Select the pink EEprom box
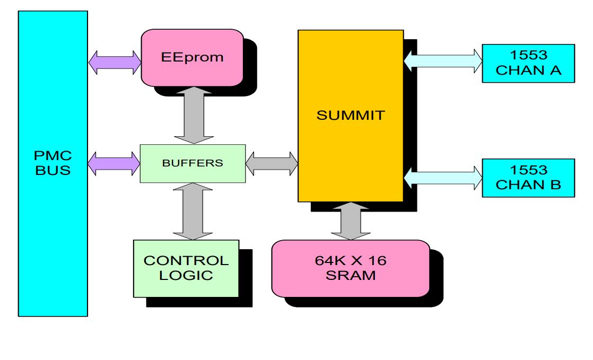coord(192,57)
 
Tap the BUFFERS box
coord(193,163)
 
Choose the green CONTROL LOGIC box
coord(186,268)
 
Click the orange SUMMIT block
coord(350,116)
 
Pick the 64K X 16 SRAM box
coord(350,268)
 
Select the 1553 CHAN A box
coord(528,63)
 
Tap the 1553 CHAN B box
coord(528,178)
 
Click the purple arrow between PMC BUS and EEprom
coord(115,63)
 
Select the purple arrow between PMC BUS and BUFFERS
coord(114,163)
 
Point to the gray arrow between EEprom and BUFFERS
coord(192,115)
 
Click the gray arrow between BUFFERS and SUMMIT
coord(272,163)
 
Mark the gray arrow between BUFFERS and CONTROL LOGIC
coord(192,211)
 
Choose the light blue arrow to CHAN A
coord(442,59)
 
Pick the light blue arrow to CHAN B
coord(442,177)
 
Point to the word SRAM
coord(350,276)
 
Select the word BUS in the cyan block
coord(53,171)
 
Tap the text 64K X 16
coord(350,261)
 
